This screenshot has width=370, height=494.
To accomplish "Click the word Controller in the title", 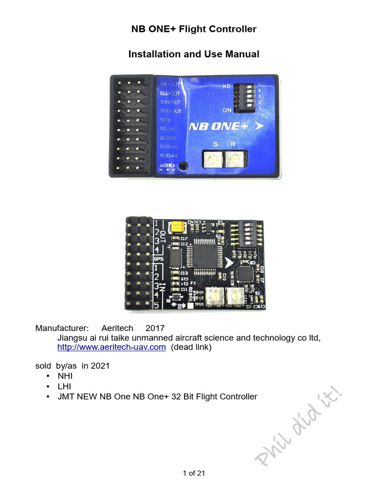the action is click(232, 29).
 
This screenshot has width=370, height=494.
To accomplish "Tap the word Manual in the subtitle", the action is click(243, 55).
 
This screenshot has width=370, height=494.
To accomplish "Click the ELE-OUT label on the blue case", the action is click(170, 94).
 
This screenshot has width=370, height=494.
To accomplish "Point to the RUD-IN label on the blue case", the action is click(169, 155).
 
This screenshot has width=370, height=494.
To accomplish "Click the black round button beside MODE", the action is click(183, 166).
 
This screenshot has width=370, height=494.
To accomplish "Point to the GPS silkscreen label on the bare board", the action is click(159, 259).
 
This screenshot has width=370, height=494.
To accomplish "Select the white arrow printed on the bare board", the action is click(229, 261).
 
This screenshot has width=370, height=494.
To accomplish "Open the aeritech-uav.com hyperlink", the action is click(112, 347).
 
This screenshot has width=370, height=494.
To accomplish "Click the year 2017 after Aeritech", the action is click(155, 329).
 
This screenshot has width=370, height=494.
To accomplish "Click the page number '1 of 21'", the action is click(194, 473).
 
